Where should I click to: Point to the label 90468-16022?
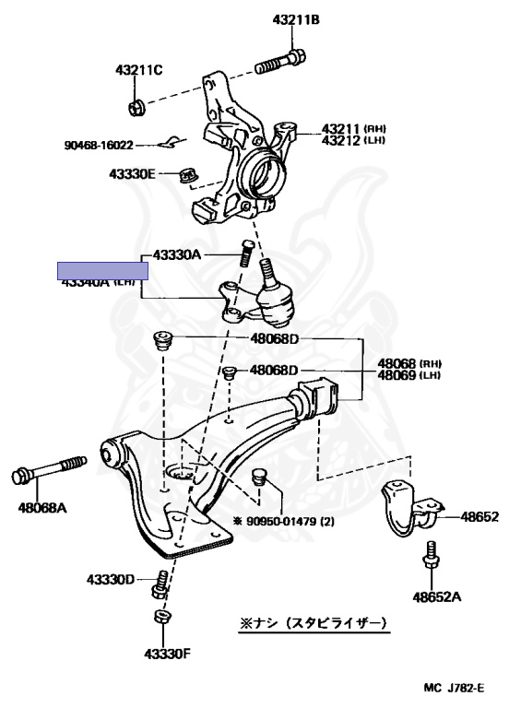point(99,145)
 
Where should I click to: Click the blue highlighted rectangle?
point(102,270)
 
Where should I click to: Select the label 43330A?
point(176,254)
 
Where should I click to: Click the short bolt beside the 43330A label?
point(246,254)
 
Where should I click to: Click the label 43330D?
point(111,579)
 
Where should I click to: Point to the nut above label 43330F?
point(160,617)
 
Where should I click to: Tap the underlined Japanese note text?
point(314,624)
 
